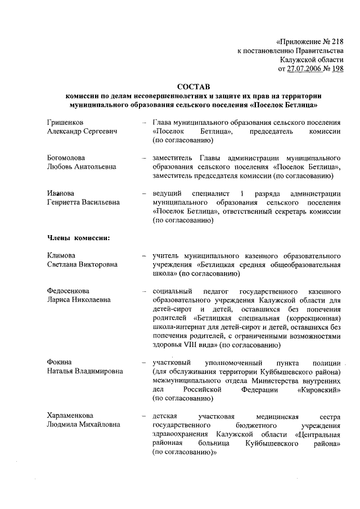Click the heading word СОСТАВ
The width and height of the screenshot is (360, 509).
point(192,87)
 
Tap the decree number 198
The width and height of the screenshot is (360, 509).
point(337,69)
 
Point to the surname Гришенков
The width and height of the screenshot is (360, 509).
point(67,122)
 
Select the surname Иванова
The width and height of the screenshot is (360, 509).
point(61,194)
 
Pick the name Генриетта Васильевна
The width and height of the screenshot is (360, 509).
point(85,203)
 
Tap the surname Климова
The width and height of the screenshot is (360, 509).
point(62,256)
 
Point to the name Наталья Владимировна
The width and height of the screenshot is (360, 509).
point(85,371)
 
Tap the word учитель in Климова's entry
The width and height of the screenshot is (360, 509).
point(166,256)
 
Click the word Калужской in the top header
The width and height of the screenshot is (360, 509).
point(300,60)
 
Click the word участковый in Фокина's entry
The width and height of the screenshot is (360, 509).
point(173,362)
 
